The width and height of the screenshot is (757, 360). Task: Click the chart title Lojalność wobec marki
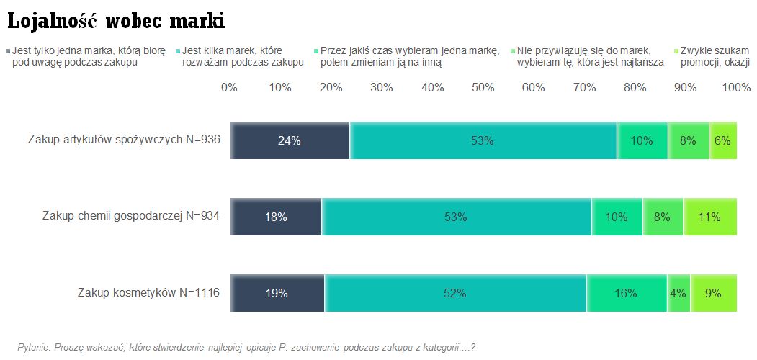[116, 22]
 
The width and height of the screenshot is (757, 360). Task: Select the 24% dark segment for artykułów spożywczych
[290, 140]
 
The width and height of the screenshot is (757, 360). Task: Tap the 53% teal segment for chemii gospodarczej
[457, 217]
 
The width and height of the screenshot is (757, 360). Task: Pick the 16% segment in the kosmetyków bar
[626, 293]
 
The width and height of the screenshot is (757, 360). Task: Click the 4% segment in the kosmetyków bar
[678, 293]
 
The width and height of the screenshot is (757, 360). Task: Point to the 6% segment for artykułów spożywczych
[722, 140]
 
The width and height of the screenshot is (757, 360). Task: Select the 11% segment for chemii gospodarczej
[709, 217]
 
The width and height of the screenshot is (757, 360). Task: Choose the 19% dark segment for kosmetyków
[277, 293]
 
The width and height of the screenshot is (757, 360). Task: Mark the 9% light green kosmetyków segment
[713, 293]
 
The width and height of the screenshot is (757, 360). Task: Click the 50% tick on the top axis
[483, 88]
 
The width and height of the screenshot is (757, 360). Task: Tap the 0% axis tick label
[229, 88]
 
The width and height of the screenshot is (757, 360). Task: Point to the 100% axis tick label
[736, 88]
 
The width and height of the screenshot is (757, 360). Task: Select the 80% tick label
[635, 88]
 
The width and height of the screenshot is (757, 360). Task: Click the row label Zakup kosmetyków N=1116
[148, 293]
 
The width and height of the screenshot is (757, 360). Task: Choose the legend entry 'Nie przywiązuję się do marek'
[584, 56]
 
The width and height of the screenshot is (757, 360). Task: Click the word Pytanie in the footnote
[33, 347]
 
